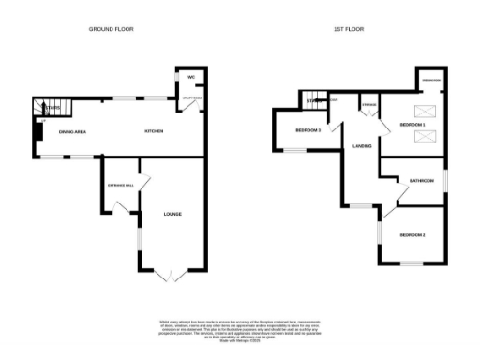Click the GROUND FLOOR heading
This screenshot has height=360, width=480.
111,29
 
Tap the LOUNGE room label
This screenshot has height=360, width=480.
172,215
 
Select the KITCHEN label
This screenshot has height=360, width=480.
154,131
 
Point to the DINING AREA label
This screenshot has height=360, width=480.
73,131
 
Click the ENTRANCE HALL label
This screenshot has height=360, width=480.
122,185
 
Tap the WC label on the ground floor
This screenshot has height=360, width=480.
189,77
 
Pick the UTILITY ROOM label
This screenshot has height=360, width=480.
189,97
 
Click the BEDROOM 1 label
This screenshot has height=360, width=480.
412,125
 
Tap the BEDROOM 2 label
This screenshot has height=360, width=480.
412,234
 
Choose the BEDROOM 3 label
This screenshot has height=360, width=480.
308,130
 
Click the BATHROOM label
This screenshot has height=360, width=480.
421,181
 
